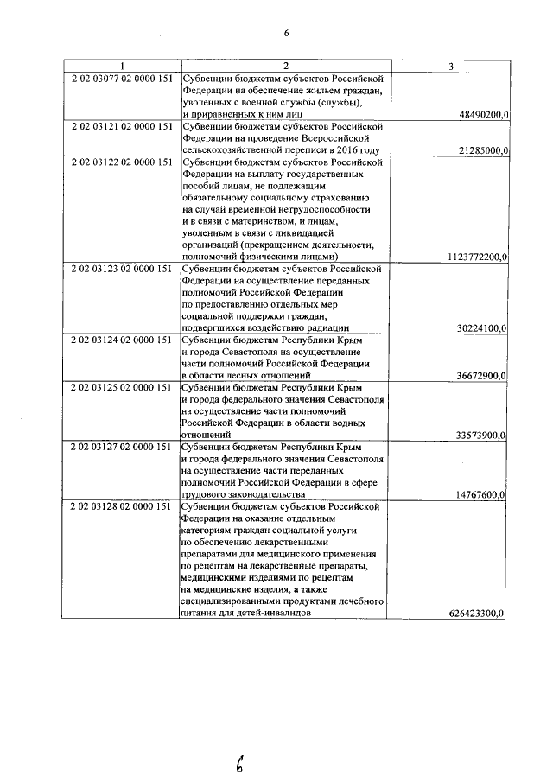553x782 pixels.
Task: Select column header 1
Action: click(x=123, y=66)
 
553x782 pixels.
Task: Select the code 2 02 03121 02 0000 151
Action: click(x=123, y=126)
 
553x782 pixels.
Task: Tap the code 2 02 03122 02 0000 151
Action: click(x=123, y=162)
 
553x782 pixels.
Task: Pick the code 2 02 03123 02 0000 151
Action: click(x=123, y=270)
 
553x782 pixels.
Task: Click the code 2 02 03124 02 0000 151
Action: click(x=123, y=341)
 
